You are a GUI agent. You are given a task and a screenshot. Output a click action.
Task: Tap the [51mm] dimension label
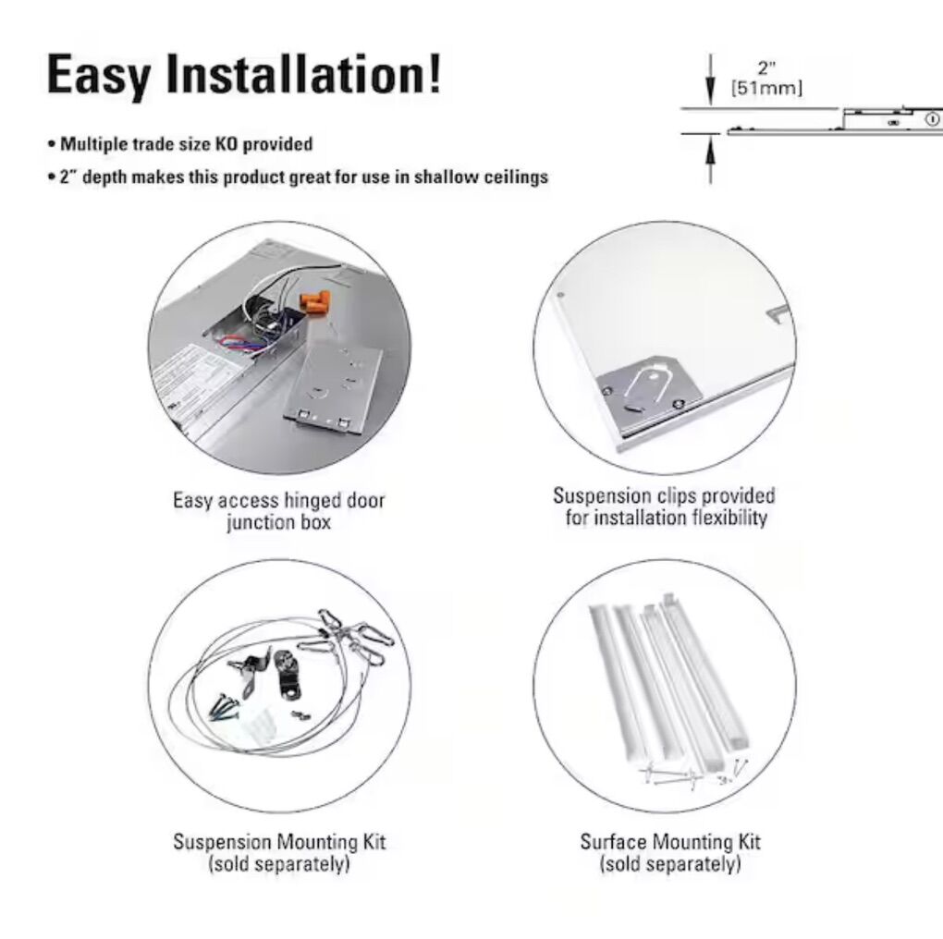[766, 89]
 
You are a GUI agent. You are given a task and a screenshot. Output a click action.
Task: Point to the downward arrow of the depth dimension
[711, 79]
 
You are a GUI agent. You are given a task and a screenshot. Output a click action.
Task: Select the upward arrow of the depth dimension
[711, 158]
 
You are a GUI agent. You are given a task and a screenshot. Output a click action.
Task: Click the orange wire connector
[316, 300]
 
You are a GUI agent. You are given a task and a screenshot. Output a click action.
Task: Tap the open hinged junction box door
[333, 388]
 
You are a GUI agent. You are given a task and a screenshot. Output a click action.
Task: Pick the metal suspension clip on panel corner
[650, 388]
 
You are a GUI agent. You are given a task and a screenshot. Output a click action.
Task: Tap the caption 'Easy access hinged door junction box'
[279, 511]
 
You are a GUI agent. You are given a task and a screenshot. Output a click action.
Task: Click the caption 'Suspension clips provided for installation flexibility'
[665, 506]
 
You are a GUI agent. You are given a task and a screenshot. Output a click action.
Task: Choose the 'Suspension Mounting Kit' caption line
[279, 842]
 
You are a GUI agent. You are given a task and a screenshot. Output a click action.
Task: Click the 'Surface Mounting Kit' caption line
[670, 842]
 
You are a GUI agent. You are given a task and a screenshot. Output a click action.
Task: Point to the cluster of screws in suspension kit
[224, 706]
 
